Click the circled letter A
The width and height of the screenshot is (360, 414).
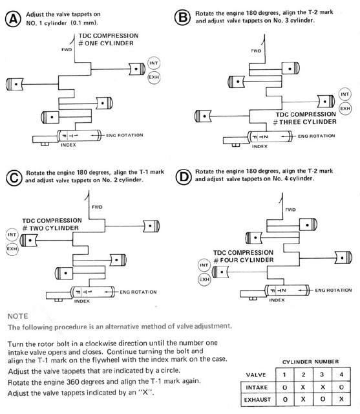[13, 19]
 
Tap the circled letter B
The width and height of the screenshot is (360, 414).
[182, 17]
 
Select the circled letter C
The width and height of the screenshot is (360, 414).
[14, 178]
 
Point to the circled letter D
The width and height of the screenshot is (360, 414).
[184, 177]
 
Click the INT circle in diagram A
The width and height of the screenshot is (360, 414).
[154, 63]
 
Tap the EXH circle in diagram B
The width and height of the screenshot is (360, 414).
[345, 108]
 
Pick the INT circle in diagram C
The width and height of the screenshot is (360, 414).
[12, 235]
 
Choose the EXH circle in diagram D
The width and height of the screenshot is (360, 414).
[204, 279]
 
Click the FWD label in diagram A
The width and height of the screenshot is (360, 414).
[67, 50]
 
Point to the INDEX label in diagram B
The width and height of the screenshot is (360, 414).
[260, 146]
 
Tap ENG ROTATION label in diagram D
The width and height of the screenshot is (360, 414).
[334, 290]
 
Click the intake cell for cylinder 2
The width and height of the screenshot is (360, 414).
[303, 387]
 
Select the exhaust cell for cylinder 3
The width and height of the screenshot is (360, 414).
[322, 400]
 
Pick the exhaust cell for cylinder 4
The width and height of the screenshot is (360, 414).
[341, 400]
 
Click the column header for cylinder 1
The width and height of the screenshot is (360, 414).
[284, 375]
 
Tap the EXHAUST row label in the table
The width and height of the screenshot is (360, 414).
[257, 400]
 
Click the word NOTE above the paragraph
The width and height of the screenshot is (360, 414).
[17, 316]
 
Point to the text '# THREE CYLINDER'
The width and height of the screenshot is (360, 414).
[304, 122]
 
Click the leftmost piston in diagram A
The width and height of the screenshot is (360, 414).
[14, 84]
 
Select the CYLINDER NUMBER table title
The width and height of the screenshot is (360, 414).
[310, 362]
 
